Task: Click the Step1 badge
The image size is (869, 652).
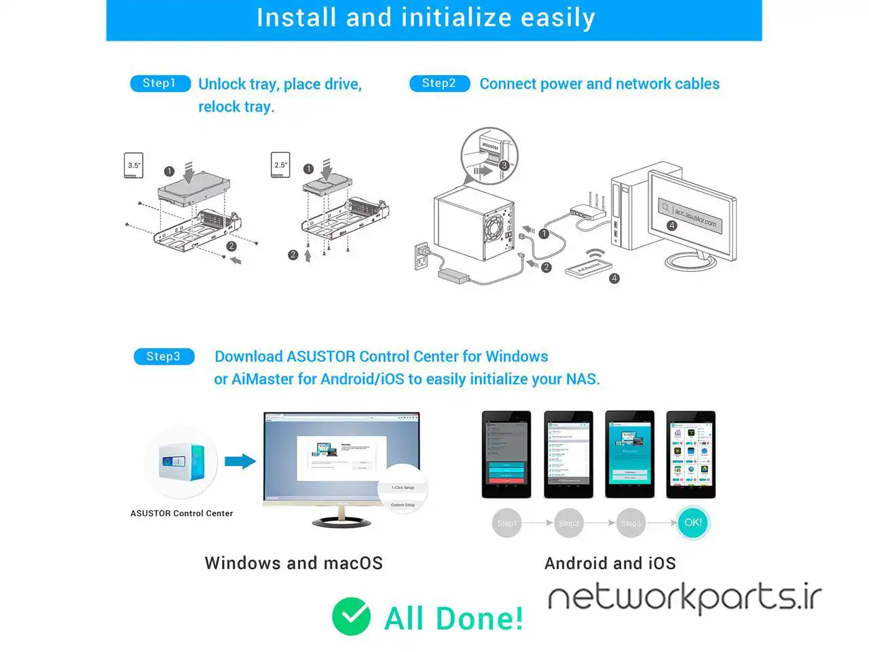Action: [x=160, y=84]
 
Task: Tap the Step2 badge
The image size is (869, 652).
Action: [x=439, y=84]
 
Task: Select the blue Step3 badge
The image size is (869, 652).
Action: [x=164, y=357]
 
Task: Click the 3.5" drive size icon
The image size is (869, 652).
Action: [x=134, y=165]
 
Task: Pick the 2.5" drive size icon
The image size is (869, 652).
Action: [x=280, y=165]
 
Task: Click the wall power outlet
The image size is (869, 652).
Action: [x=422, y=257]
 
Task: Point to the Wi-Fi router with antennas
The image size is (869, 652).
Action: [x=588, y=210]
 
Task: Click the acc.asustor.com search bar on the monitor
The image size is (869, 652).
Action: [x=690, y=215]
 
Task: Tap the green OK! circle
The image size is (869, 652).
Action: [x=693, y=522]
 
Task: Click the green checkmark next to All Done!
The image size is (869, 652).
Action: [x=351, y=616]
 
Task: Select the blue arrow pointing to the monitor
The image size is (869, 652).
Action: [x=240, y=462]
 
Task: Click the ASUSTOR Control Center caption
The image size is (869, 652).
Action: [x=181, y=513]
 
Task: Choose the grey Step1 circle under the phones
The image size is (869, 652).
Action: [x=506, y=523]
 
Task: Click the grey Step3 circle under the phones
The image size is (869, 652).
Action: [x=631, y=523]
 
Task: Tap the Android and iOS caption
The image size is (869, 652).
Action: [x=610, y=563]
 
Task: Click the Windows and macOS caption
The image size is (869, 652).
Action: [x=293, y=563]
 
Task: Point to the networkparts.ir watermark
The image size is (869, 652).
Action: [x=684, y=598]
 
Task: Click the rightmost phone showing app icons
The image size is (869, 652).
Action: [x=691, y=454]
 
